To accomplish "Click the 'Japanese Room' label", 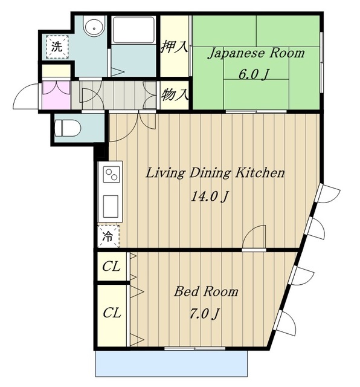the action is pos(256,54).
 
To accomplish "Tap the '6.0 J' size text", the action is pos(253,74).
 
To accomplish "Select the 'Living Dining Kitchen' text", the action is pos(215,173).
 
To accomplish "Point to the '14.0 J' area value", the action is pos(210,197).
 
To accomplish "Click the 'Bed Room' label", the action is pos(206,291).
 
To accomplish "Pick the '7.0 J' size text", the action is pos(204,314).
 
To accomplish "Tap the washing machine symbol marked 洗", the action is pos(57,47).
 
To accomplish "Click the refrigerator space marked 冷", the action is pos(109,236).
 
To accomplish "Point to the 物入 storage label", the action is pos(175,94).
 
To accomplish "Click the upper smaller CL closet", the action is pos(112,266).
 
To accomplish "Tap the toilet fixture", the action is pos(68,128).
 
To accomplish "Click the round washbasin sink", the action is pos(94,28).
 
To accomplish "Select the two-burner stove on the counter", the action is pos(112,174).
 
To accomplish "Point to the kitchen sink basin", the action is pos(111,206).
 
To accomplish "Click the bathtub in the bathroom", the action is pos(134,30).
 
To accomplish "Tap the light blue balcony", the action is pos(171,363).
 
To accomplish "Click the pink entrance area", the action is pos(56,95).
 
